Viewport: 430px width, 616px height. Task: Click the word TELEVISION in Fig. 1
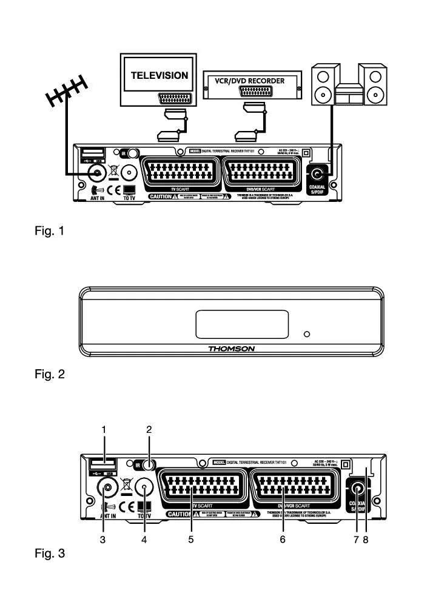point(160,76)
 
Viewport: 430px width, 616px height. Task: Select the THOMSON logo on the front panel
point(232,349)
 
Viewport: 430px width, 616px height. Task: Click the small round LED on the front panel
point(307,333)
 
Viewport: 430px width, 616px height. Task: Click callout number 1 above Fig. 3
point(104,429)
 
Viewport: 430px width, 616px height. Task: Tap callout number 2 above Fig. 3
point(149,429)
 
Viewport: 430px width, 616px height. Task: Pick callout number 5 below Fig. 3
point(190,539)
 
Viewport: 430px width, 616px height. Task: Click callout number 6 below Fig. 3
point(283,539)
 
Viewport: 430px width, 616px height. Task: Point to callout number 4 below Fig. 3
point(144,539)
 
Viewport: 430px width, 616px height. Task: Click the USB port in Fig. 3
point(98,465)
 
